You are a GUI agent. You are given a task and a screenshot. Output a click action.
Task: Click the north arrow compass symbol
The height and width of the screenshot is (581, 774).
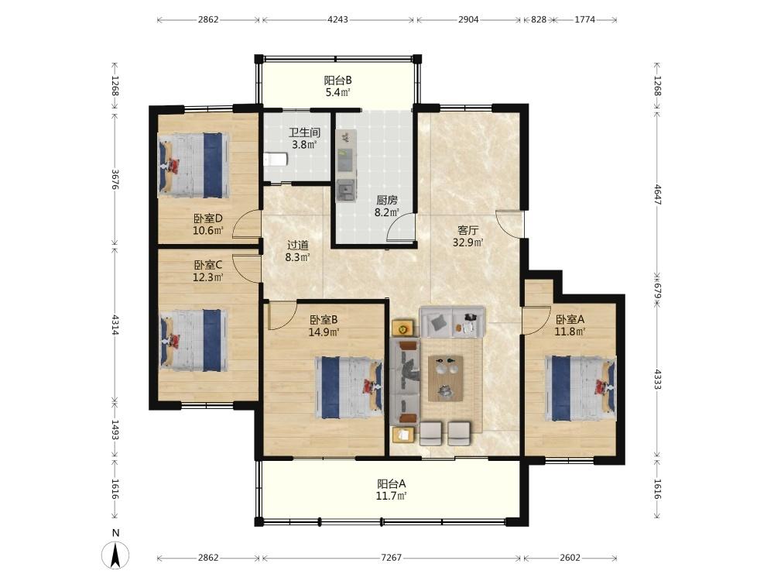(x=115, y=555)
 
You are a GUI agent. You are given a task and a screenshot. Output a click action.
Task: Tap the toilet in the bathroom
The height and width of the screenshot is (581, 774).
(x=276, y=160)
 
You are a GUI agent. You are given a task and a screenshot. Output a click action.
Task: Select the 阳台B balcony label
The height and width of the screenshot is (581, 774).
(x=338, y=86)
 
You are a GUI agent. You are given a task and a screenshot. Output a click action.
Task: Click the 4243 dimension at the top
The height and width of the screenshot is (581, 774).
(x=337, y=20)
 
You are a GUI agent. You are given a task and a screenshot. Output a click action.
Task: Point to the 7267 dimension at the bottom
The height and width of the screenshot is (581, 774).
(x=392, y=557)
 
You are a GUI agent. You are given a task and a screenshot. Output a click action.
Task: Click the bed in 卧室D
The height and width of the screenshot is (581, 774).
(x=193, y=165)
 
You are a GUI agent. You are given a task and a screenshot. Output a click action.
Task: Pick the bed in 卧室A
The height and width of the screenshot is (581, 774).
(x=580, y=388)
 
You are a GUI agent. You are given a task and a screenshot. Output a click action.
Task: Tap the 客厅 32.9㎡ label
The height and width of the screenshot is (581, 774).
(x=468, y=236)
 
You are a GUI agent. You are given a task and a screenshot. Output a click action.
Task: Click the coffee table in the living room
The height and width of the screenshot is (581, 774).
(x=446, y=378)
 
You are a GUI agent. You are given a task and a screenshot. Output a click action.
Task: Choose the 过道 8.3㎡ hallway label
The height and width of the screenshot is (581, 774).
(x=298, y=251)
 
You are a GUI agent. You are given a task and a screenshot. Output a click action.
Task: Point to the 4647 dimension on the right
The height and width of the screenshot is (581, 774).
(x=657, y=194)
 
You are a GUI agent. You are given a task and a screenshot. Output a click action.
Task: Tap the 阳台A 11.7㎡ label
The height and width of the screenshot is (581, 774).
(x=392, y=490)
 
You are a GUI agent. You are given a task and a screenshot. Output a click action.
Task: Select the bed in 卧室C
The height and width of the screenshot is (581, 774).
(x=194, y=340)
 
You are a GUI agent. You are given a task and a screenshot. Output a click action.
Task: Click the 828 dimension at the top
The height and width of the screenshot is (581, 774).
(x=539, y=20)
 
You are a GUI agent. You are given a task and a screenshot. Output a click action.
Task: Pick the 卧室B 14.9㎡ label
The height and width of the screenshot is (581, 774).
(x=324, y=326)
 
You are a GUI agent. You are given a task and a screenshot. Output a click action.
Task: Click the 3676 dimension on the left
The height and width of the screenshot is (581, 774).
(x=115, y=180)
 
